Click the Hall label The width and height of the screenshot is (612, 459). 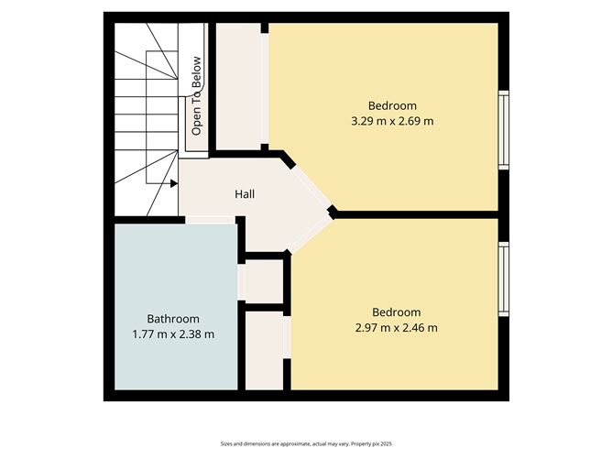[245, 194]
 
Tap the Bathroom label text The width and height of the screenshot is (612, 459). [173, 318]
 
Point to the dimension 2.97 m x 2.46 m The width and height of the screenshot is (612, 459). [396, 327]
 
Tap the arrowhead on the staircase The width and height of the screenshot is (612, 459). [172, 182]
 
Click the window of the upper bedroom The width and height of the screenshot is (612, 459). [502, 129]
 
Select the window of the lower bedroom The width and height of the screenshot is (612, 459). [502, 280]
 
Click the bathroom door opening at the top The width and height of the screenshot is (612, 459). [210, 220]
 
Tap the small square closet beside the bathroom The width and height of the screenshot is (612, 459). [265, 280]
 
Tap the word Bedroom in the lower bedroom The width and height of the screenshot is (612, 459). [396, 311]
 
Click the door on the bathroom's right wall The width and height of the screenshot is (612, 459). [242, 281]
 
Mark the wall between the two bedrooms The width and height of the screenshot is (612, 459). [417, 214]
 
